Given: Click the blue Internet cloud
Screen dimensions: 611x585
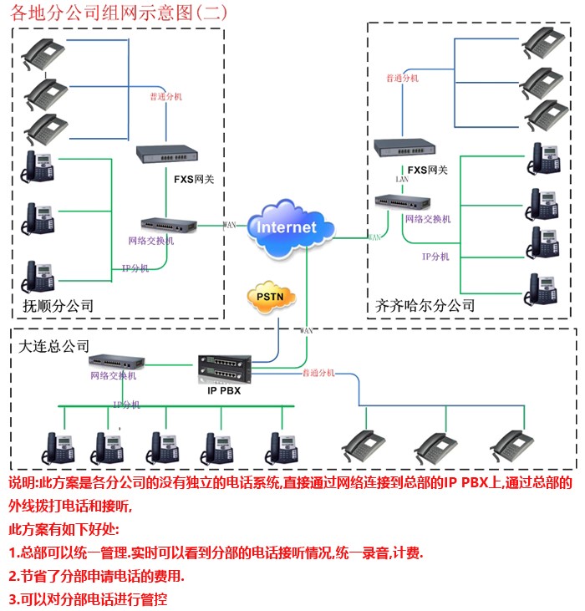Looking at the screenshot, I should click(x=288, y=226).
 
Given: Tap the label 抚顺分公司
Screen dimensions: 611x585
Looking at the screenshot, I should click(x=58, y=306).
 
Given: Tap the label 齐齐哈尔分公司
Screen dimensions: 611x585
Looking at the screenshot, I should click(x=424, y=306).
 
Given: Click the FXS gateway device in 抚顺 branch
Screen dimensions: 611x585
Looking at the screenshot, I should click(x=168, y=153).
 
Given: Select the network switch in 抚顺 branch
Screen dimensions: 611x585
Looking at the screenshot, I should click(x=168, y=224).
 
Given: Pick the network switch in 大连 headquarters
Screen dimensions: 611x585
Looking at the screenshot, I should click(x=116, y=361).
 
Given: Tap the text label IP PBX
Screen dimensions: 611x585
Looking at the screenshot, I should click(x=223, y=390).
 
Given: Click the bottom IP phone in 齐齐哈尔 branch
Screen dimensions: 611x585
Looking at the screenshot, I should click(x=544, y=287).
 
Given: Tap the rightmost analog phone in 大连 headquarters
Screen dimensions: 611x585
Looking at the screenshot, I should click(x=511, y=446).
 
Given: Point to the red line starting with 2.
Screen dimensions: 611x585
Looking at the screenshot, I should click(x=97, y=576).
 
